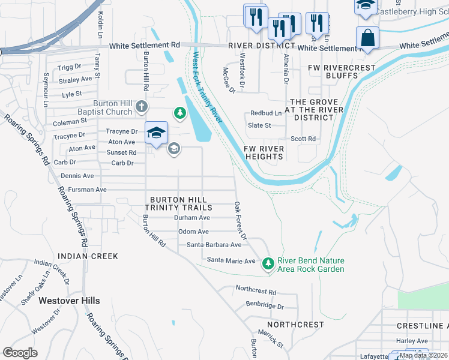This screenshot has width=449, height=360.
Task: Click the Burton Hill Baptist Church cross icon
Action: click(x=141, y=106)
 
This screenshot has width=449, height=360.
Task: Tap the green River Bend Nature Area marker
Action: click(x=268, y=263)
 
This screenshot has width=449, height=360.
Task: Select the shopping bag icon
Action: click(x=367, y=38)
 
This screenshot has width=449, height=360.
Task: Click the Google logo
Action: click(x=20, y=353)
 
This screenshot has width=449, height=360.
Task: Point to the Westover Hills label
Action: click(x=69, y=300)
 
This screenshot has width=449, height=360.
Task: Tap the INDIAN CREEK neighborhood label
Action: click(x=88, y=256)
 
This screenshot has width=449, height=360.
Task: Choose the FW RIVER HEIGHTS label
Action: click(x=264, y=152)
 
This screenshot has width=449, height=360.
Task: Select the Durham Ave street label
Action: click(x=191, y=218)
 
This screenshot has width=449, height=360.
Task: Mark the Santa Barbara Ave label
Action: click(x=214, y=245)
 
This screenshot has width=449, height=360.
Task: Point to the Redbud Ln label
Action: click(x=266, y=113)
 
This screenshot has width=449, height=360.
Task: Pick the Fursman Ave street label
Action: click(x=87, y=190)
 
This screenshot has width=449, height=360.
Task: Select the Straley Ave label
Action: click(x=75, y=79)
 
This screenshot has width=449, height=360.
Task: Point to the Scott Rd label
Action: click(x=303, y=139)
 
